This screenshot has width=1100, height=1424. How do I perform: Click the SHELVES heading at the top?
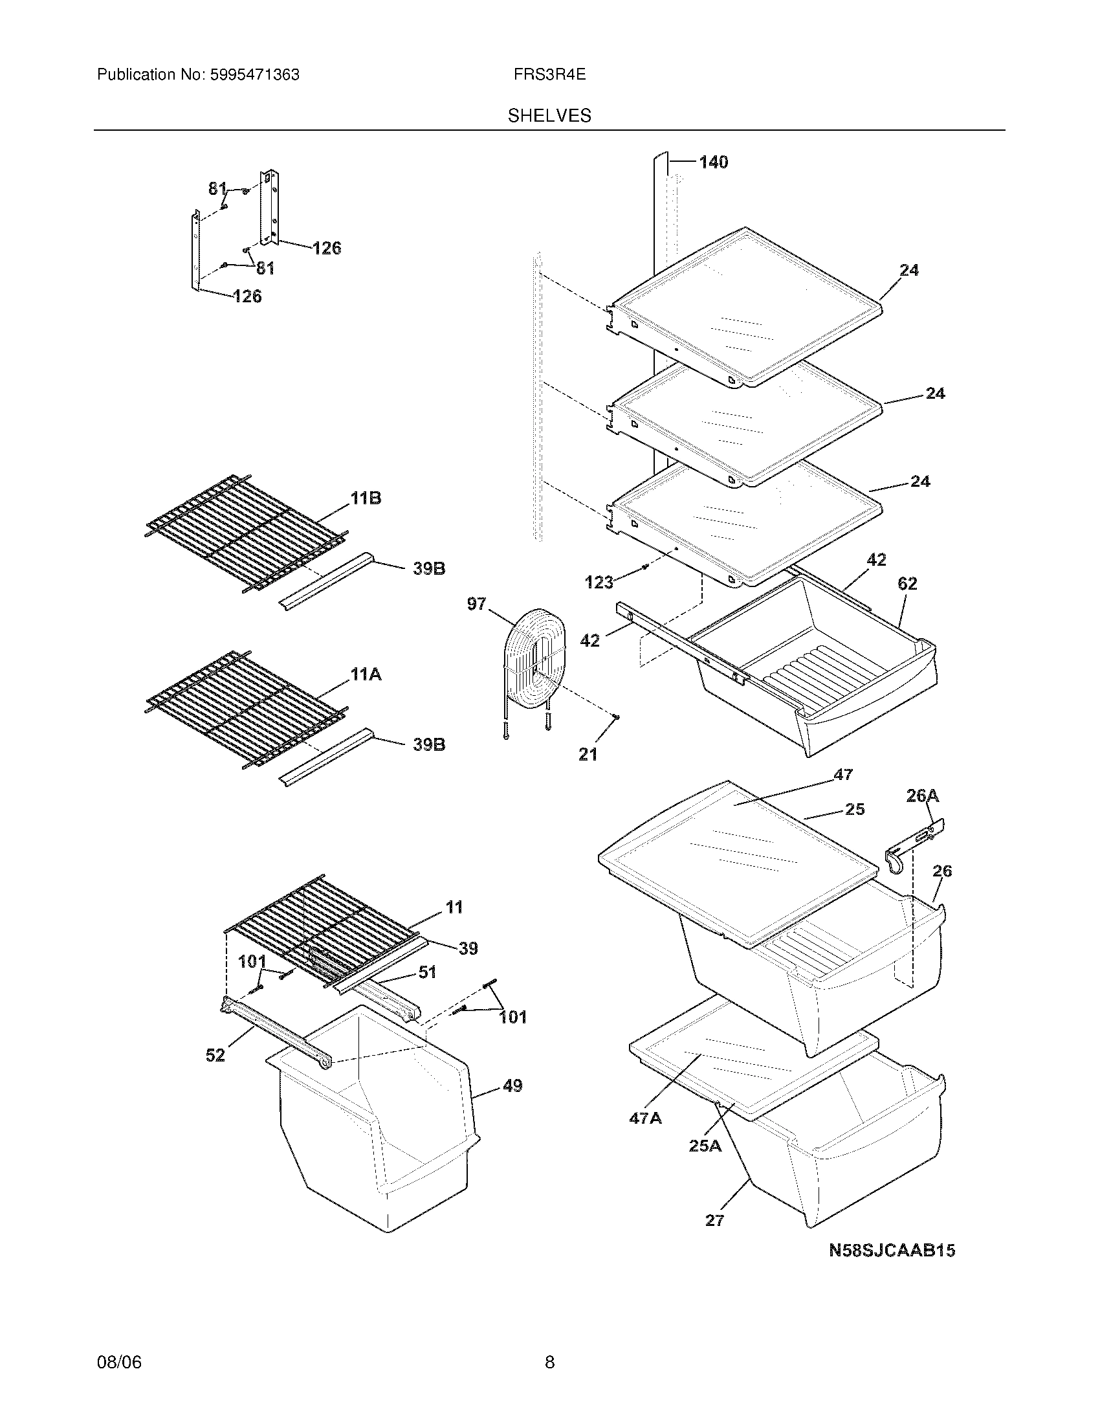tap(549, 116)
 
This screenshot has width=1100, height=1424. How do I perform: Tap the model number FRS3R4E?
tap(549, 75)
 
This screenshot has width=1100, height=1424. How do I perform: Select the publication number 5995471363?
tap(254, 75)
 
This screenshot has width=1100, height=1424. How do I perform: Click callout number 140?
tap(713, 162)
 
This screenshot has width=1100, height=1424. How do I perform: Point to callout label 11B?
tap(366, 499)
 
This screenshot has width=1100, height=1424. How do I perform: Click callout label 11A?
tap(366, 675)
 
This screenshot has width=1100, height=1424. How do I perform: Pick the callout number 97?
tap(476, 604)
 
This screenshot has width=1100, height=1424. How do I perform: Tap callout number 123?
tap(599, 582)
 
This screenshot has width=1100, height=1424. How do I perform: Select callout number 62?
tap(907, 584)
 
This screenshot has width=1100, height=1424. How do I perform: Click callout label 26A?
tap(922, 795)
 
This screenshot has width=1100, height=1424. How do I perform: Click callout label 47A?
tap(645, 1118)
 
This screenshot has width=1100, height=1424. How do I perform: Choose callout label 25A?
tap(705, 1146)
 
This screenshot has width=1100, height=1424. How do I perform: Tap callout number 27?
tap(714, 1220)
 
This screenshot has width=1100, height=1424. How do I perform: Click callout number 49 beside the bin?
tap(512, 1085)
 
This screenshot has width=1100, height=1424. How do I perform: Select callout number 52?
tap(215, 1055)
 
